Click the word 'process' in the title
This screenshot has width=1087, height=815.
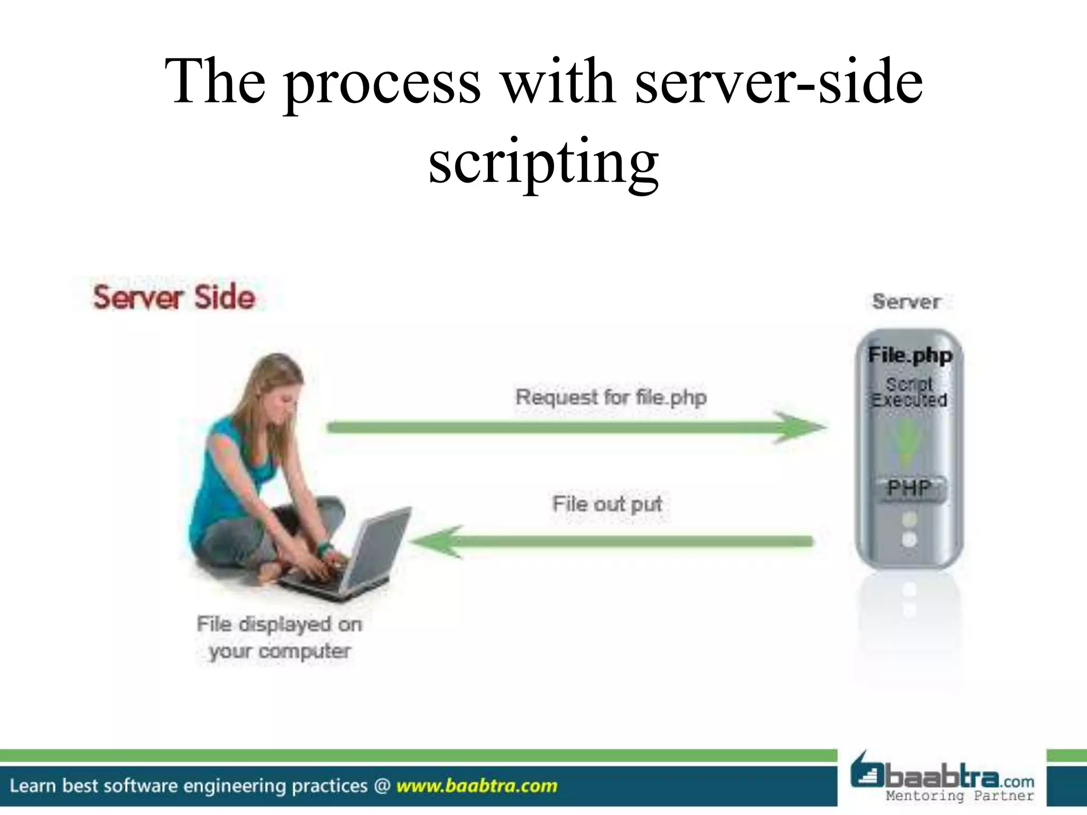[x=382, y=82]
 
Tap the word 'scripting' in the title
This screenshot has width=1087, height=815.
[x=543, y=162]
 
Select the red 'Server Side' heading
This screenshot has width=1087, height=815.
[x=174, y=297]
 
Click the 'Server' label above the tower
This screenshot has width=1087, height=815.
[x=907, y=302]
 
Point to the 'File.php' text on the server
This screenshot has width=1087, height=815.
[x=910, y=355]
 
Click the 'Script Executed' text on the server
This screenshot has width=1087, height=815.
[x=909, y=392]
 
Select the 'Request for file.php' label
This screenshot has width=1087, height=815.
[x=611, y=397]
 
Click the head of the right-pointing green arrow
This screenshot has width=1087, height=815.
[x=801, y=427]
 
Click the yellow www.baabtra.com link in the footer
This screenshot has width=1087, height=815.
[x=477, y=786]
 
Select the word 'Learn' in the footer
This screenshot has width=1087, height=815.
[x=32, y=786]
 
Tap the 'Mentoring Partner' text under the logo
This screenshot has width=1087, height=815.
[x=960, y=796]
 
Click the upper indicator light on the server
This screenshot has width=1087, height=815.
[x=909, y=518]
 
